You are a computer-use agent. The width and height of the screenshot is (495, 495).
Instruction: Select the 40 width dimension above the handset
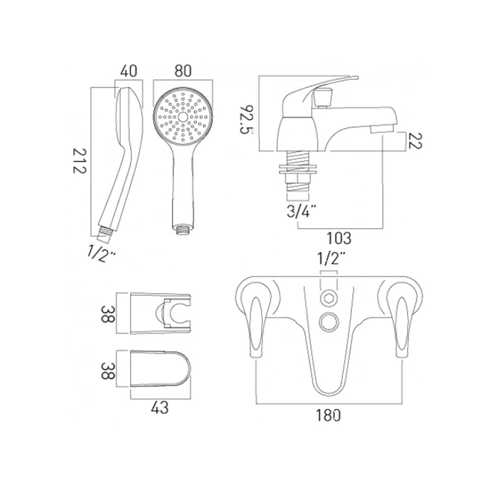(129, 71)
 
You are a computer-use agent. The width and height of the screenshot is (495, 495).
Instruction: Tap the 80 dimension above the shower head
(183, 71)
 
